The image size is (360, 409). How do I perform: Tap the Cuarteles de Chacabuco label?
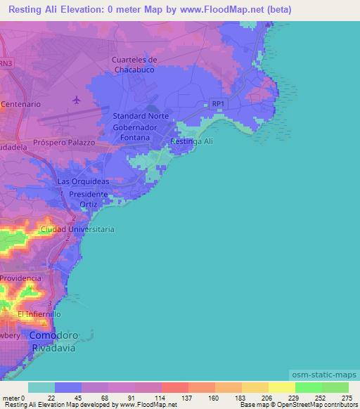click(137, 65)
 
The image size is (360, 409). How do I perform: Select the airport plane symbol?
click(76, 101)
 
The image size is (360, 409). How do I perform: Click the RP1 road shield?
click(219, 104)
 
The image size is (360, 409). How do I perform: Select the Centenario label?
click(21, 104)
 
